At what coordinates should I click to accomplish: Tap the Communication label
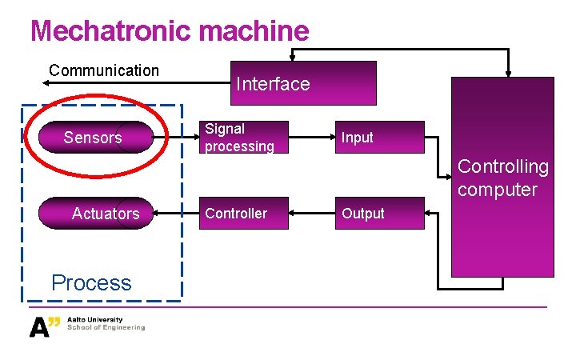tap(104, 70)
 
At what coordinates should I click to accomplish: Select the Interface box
tap(303, 83)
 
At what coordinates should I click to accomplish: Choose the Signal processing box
tap(243, 137)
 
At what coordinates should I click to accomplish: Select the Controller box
tap(243, 214)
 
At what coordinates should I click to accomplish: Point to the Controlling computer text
tap(503, 178)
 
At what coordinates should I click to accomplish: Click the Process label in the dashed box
tap(91, 282)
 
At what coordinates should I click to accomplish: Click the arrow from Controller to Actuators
tap(176, 214)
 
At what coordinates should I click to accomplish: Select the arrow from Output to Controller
tap(311, 214)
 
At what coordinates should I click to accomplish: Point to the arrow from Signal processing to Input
tap(311, 137)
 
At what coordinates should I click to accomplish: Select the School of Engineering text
tap(106, 328)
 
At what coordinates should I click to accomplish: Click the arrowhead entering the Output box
tap(429, 214)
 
